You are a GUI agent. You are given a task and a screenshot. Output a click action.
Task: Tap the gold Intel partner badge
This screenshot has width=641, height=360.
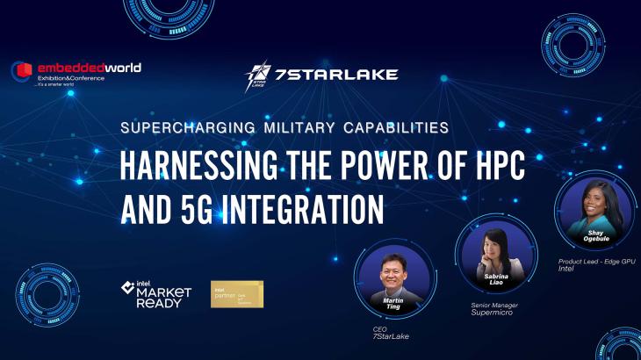[236, 294]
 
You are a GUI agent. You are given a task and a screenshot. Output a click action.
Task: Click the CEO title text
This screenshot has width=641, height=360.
[379, 328]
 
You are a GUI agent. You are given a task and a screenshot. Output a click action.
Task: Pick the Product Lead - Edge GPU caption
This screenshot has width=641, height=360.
[597, 262]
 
